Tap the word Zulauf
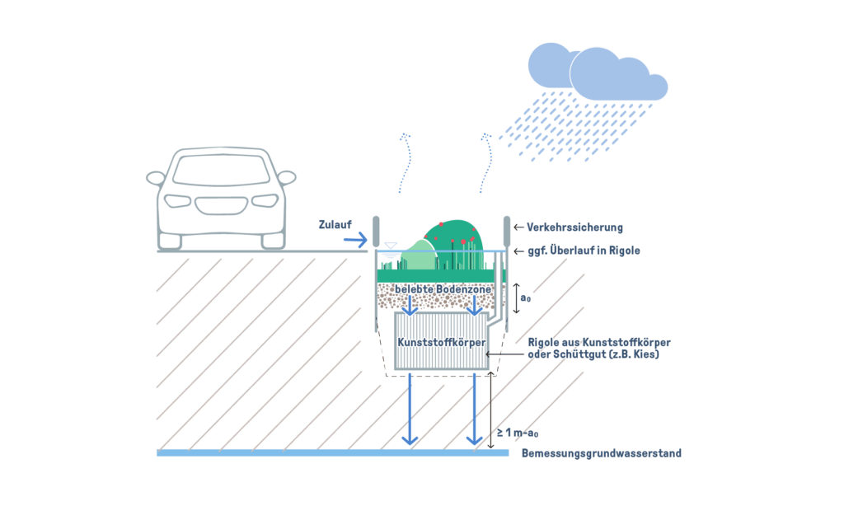pos(336,224)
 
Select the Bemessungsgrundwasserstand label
pos(601,453)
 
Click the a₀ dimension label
pos(526,298)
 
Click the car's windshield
pos(220,169)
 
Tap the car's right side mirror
pos(286,177)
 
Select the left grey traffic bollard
pos(376,232)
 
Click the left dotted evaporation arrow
pos(402,162)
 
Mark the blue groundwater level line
pos(330,452)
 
